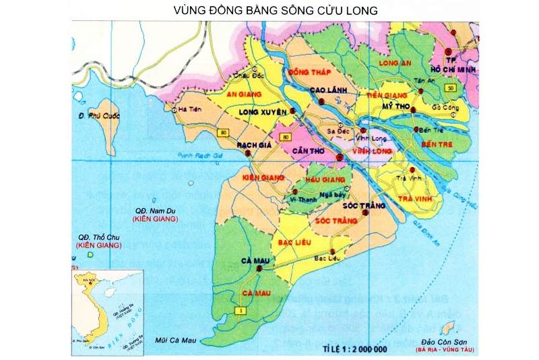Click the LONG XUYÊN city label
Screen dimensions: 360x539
pos(263,111)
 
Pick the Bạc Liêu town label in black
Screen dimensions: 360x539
pos(326,258)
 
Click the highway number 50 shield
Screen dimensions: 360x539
pos(450,88)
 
